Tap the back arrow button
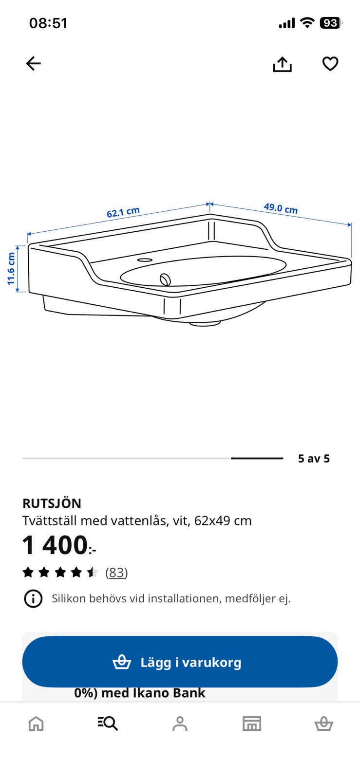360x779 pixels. pos(34,64)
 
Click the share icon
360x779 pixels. pos(282,64)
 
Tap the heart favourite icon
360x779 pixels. pos(330,64)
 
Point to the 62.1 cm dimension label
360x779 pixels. pos(123,212)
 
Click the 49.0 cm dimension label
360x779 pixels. pos(281,208)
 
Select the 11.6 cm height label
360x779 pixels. pos(11,268)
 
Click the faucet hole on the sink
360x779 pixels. pos(145,260)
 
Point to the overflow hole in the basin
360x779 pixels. pos(165,279)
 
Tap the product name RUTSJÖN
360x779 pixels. pos(52,503)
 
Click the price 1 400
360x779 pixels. pos(59,545)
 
